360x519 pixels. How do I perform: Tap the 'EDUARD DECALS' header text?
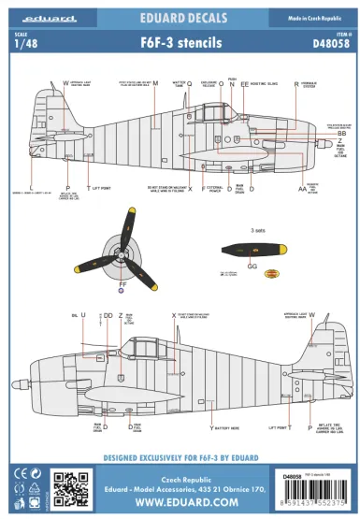(180, 16)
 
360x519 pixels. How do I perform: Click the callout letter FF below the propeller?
(122, 282)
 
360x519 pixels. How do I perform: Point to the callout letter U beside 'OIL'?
(82, 315)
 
